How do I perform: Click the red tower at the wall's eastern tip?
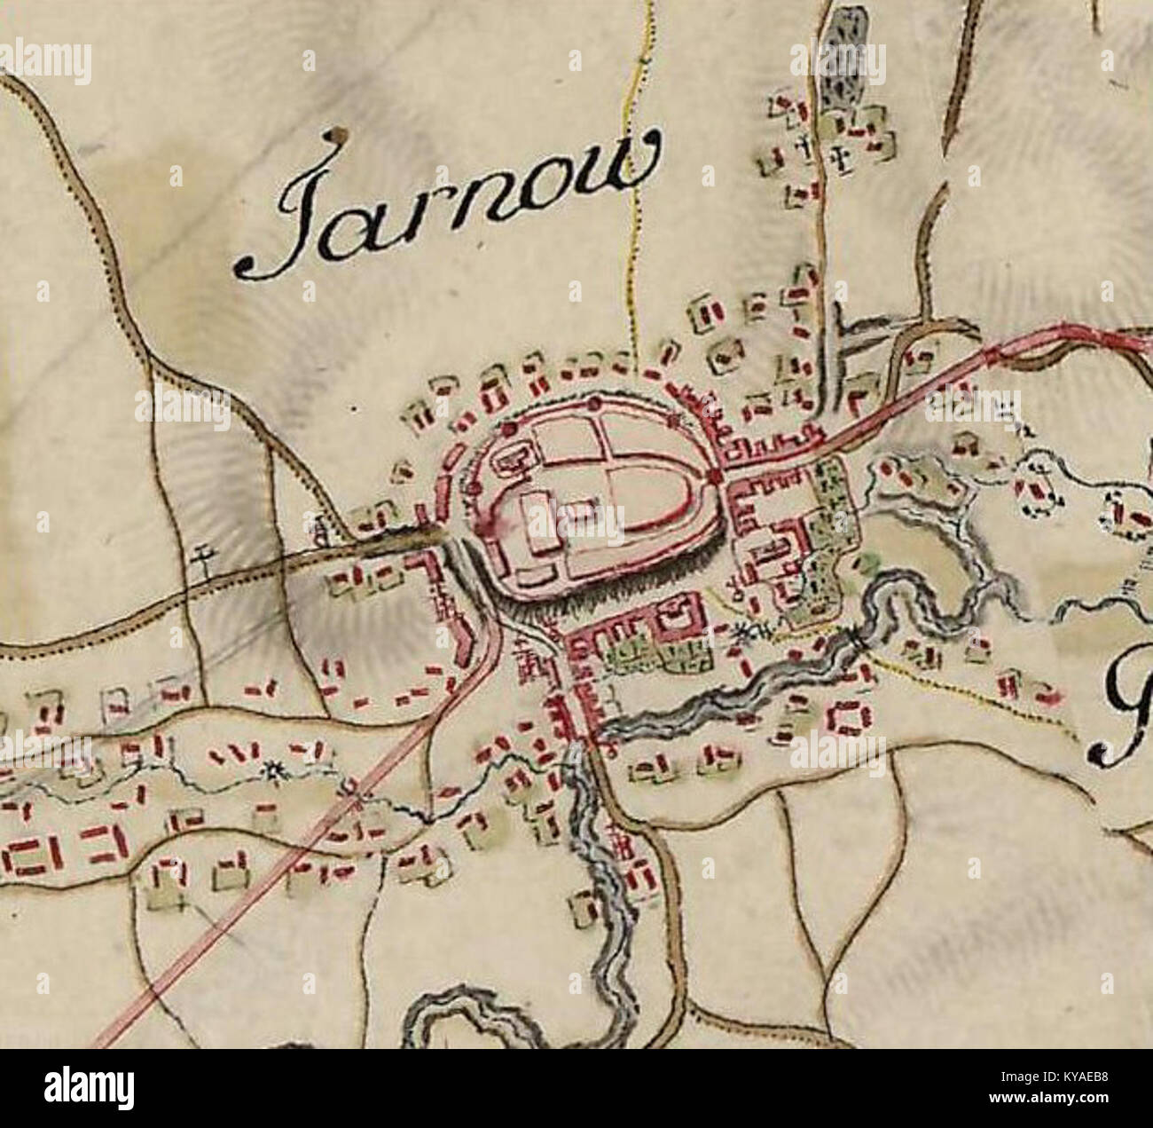point(715,478)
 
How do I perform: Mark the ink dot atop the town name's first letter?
point(334,135)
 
